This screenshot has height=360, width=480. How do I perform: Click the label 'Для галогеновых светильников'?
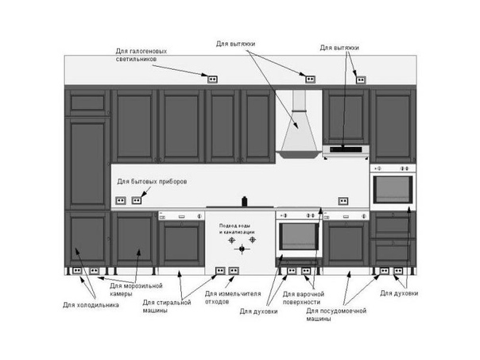141,55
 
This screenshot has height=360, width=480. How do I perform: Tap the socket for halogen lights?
212,79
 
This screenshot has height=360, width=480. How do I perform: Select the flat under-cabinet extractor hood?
346,151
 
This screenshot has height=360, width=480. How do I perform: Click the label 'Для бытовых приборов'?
152,181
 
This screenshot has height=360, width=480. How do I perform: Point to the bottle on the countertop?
244,201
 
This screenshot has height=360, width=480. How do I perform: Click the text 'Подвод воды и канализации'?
237,229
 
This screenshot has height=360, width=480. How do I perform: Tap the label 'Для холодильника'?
91,305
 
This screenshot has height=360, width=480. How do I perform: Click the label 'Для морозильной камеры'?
136,289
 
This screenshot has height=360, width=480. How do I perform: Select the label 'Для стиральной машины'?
167,306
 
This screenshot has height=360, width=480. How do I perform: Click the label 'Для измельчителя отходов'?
233,297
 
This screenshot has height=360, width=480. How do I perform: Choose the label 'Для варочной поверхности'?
303,298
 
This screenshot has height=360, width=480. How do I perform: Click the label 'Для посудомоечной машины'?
336,315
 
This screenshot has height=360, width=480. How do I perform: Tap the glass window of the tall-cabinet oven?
393,189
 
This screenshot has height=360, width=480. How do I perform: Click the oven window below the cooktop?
299,236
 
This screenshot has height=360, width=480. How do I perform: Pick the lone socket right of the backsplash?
343,201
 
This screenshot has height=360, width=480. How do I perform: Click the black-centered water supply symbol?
242,250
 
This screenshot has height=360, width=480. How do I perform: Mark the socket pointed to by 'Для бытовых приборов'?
137,200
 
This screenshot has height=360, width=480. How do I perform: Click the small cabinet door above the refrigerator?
87,103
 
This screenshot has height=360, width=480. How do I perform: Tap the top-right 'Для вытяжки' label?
339,48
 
